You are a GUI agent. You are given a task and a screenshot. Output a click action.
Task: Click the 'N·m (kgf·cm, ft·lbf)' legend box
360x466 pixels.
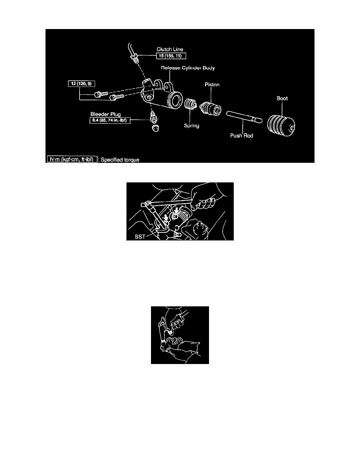[72, 159]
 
